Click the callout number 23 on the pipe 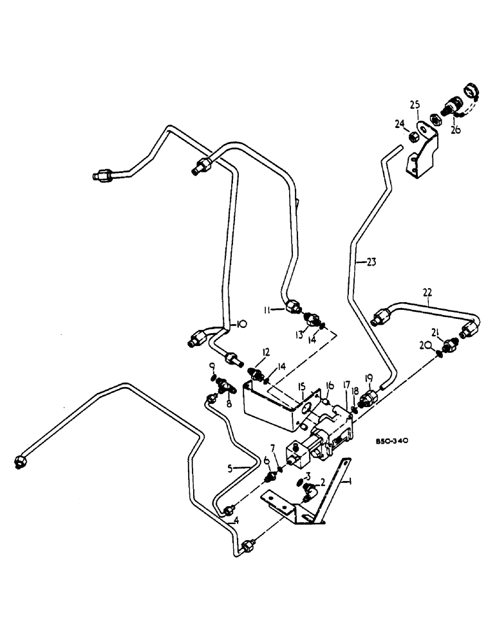click(x=371, y=262)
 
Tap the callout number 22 click(x=427, y=293)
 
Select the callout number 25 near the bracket click(x=415, y=105)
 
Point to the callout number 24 click(x=399, y=123)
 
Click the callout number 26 click(x=456, y=130)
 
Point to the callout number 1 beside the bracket click(x=348, y=480)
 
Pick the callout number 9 click(x=212, y=367)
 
